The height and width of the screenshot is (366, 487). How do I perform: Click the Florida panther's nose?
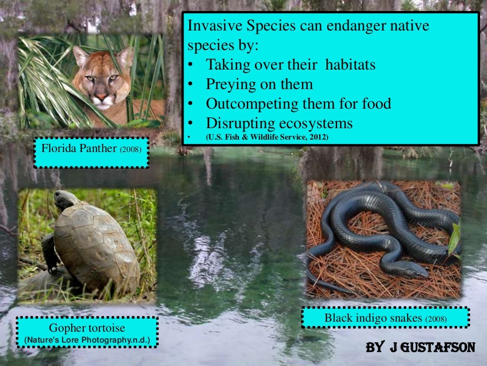(x=100, y=97)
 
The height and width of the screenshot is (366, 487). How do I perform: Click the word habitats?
(x=351, y=64)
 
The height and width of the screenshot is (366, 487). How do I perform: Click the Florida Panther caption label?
(x=91, y=149)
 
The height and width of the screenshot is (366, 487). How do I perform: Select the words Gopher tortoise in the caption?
(x=87, y=328)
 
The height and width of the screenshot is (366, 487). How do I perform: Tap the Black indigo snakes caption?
(x=385, y=318)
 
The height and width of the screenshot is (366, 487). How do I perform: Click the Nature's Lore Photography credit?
(x=87, y=340)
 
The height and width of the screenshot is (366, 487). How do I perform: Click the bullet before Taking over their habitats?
(x=190, y=65)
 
